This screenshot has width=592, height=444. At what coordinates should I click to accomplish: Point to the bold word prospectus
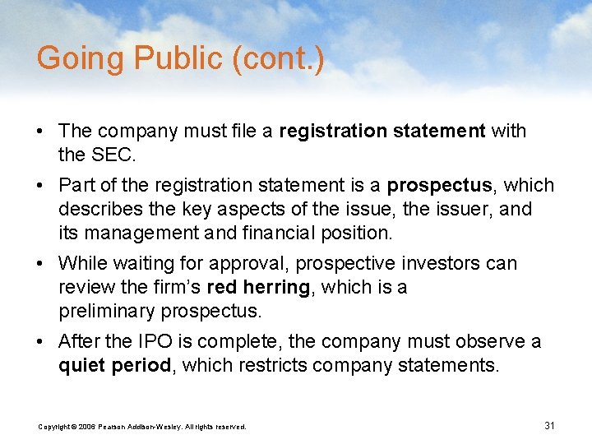[439, 185]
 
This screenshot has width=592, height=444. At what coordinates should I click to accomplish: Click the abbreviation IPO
[152, 341]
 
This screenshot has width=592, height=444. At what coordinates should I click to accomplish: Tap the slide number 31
[550, 425]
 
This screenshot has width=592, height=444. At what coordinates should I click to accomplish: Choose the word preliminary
[107, 312]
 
